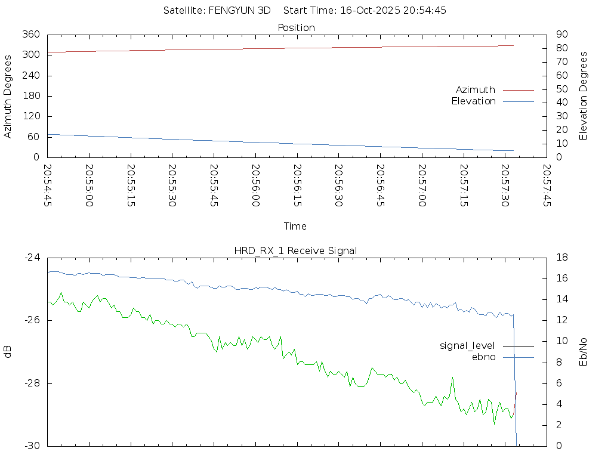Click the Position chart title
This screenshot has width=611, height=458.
(x=296, y=27)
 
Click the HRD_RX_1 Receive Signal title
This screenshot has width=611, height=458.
(x=296, y=250)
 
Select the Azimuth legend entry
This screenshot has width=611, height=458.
(x=475, y=89)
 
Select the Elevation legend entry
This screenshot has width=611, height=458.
(x=473, y=101)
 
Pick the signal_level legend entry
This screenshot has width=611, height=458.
(x=467, y=345)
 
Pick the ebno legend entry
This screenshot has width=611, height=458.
(x=483, y=357)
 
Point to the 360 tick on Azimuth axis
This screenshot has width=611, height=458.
(x=31, y=34)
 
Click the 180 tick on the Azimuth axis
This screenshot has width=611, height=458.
(x=31, y=96)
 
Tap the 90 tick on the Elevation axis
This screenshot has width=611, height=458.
(x=561, y=34)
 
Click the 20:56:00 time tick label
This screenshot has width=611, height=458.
(x=255, y=185)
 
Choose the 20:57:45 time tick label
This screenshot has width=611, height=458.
(x=546, y=185)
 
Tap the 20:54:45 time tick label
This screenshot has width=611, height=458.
(x=48, y=185)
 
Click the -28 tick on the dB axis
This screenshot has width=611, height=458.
(x=32, y=383)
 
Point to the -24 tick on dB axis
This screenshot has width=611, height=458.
(x=32, y=257)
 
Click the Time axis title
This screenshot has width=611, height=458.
(x=295, y=226)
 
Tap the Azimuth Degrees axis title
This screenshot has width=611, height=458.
(x=8, y=96)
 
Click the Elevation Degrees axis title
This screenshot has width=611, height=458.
(x=584, y=96)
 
